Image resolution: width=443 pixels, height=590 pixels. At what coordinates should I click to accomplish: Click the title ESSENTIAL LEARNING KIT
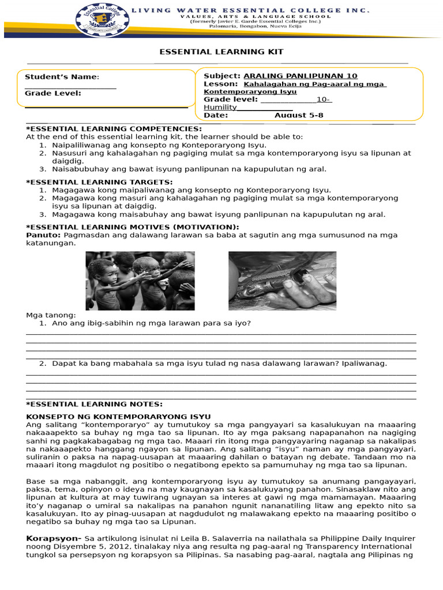click(x=221, y=52)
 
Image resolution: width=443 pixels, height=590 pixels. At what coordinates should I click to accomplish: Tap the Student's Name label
click(x=62, y=77)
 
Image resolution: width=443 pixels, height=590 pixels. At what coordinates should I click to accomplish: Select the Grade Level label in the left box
click(x=52, y=93)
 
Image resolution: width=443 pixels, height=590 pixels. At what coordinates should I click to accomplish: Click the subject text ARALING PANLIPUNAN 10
click(x=301, y=76)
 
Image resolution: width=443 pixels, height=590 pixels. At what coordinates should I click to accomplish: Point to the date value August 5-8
click(x=299, y=115)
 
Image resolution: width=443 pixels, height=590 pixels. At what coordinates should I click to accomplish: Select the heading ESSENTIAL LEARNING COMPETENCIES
click(x=114, y=128)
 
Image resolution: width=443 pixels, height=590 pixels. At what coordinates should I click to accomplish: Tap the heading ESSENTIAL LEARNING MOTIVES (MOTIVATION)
click(x=133, y=227)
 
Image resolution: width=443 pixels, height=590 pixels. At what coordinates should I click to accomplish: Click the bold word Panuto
click(x=43, y=235)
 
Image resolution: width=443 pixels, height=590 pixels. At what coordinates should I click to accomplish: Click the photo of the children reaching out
click(x=140, y=281)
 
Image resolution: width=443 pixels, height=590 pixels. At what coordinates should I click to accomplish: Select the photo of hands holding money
click(x=282, y=279)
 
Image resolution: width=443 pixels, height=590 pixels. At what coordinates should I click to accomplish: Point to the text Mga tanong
click(x=51, y=315)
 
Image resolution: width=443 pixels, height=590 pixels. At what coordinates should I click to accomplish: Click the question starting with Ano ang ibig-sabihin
click(x=151, y=323)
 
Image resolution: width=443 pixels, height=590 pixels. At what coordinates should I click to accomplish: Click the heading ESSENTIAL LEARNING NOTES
click(x=95, y=404)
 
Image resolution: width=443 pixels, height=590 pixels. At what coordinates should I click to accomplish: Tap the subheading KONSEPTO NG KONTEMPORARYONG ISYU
click(x=119, y=417)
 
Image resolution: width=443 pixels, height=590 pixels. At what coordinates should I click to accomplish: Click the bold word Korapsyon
click(x=53, y=538)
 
